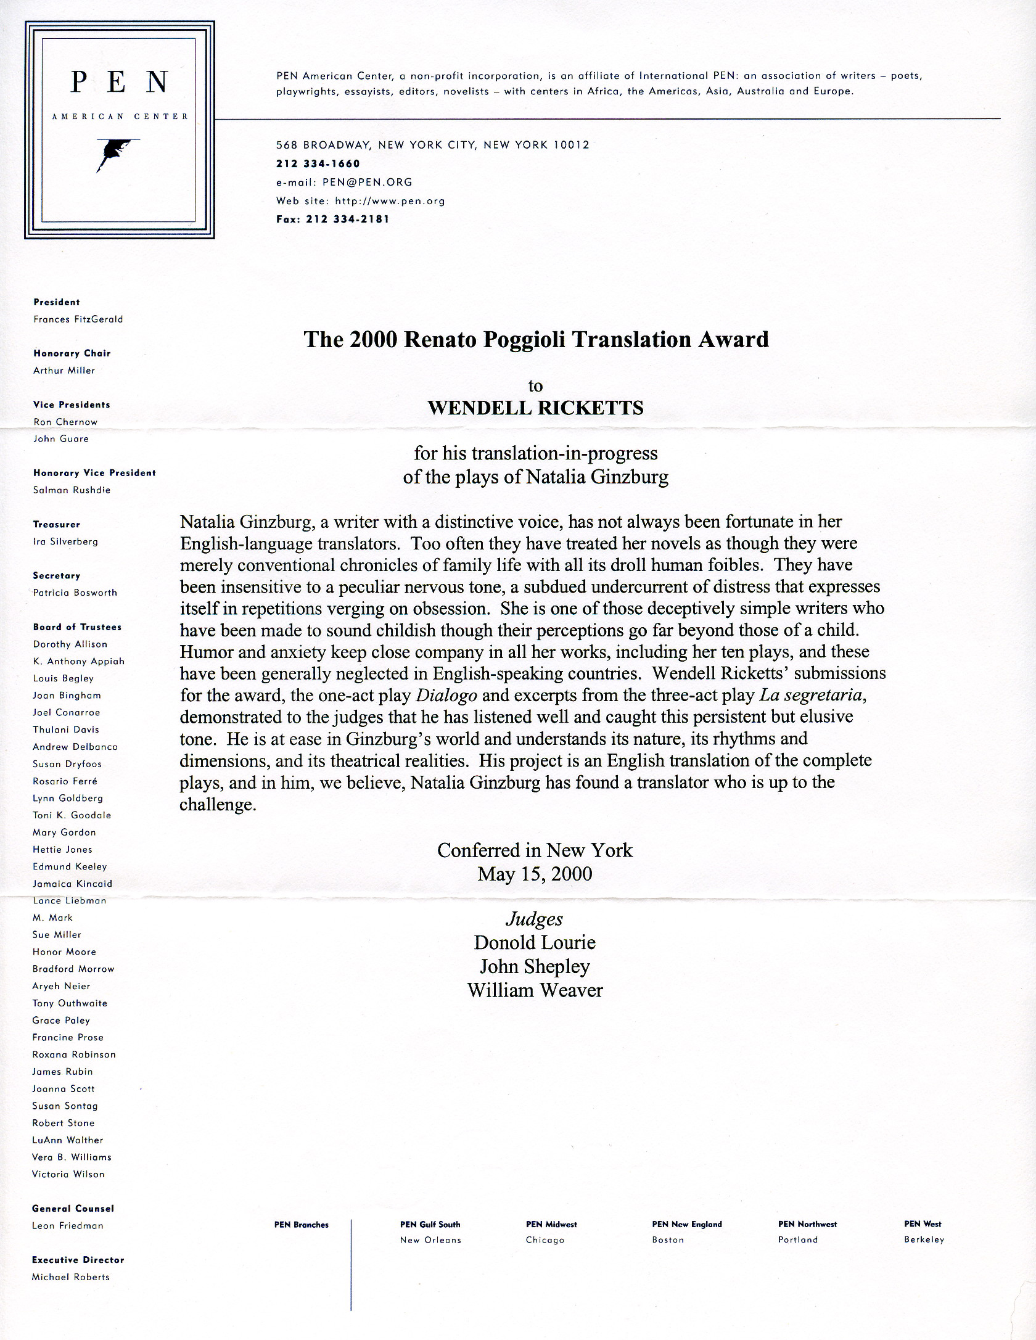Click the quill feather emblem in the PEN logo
[x=115, y=152]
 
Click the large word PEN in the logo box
[x=120, y=82]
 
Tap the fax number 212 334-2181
[x=348, y=219]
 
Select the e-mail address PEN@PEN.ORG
[x=367, y=182]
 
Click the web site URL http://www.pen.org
[x=390, y=200]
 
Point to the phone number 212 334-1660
[x=318, y=163]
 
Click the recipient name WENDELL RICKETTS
[x=535, y=408]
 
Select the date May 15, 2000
[x=535, y=874]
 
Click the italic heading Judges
[x=534, y=919]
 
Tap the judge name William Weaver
[x=535, y=990]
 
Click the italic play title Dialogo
[x=446, y=696]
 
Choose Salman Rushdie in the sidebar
[x=72, y=490]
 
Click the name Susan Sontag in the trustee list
[x=65, y=1106]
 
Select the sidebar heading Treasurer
[x=57, y=525]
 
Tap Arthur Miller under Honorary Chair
[x=64, y=371]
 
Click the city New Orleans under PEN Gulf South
[x=430, y=1240]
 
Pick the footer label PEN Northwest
[x=807, y=1224]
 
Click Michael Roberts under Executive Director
[x=71, y=1277]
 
